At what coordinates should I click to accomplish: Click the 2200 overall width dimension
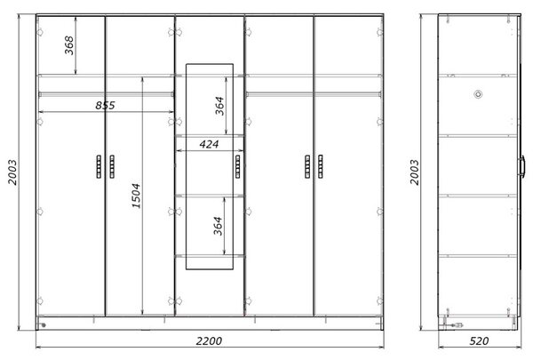click(x=209, y=340)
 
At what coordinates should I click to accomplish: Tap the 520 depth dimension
click(x=479, y=340)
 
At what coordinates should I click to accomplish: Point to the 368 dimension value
click(x=69, y=45)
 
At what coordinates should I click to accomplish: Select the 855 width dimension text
click(x=105, y=105)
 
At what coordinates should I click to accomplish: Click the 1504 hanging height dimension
click(x=136, y=196)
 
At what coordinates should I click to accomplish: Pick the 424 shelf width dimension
click(x=209, y=144)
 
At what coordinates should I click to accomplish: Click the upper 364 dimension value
click(x=220, y=106)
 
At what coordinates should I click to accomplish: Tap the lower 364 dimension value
click(x=218, y=226)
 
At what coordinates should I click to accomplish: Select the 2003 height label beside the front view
click(x=12, y=172)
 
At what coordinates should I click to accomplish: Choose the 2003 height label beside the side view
click(x=414, y=172)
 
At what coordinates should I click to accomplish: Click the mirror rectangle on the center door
click(x=186, y=167)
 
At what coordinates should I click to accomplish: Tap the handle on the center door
click(x=237, y=166)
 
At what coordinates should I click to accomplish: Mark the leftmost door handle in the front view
click(x=99, y=166)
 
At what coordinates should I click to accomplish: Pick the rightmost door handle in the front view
click(x=320, y=166)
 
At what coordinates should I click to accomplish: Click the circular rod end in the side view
click(x=478, y=94)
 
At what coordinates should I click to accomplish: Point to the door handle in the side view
click(x=521, y=166)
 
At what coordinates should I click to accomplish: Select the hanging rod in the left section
click(x=106, y=94)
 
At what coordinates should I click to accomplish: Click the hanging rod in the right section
click(x=314, y=94)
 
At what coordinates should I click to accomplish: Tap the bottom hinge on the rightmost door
click(x=379, y=300)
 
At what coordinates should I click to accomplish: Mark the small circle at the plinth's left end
click(x=44, y=325)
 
